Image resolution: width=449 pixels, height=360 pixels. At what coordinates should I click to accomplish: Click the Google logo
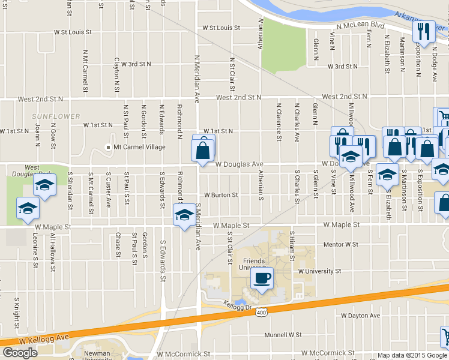(x=20, y=352)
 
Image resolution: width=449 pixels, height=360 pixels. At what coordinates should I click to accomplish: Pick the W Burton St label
(x=221, y=195)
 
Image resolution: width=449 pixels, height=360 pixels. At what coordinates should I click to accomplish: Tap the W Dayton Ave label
(x=360, y=316)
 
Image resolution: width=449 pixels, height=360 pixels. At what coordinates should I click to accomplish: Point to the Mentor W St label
(x=340, y=245)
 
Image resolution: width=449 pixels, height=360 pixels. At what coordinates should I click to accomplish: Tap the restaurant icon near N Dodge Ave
(x=424, y=32)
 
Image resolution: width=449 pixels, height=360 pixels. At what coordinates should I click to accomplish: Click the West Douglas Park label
(x=32, y=171)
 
